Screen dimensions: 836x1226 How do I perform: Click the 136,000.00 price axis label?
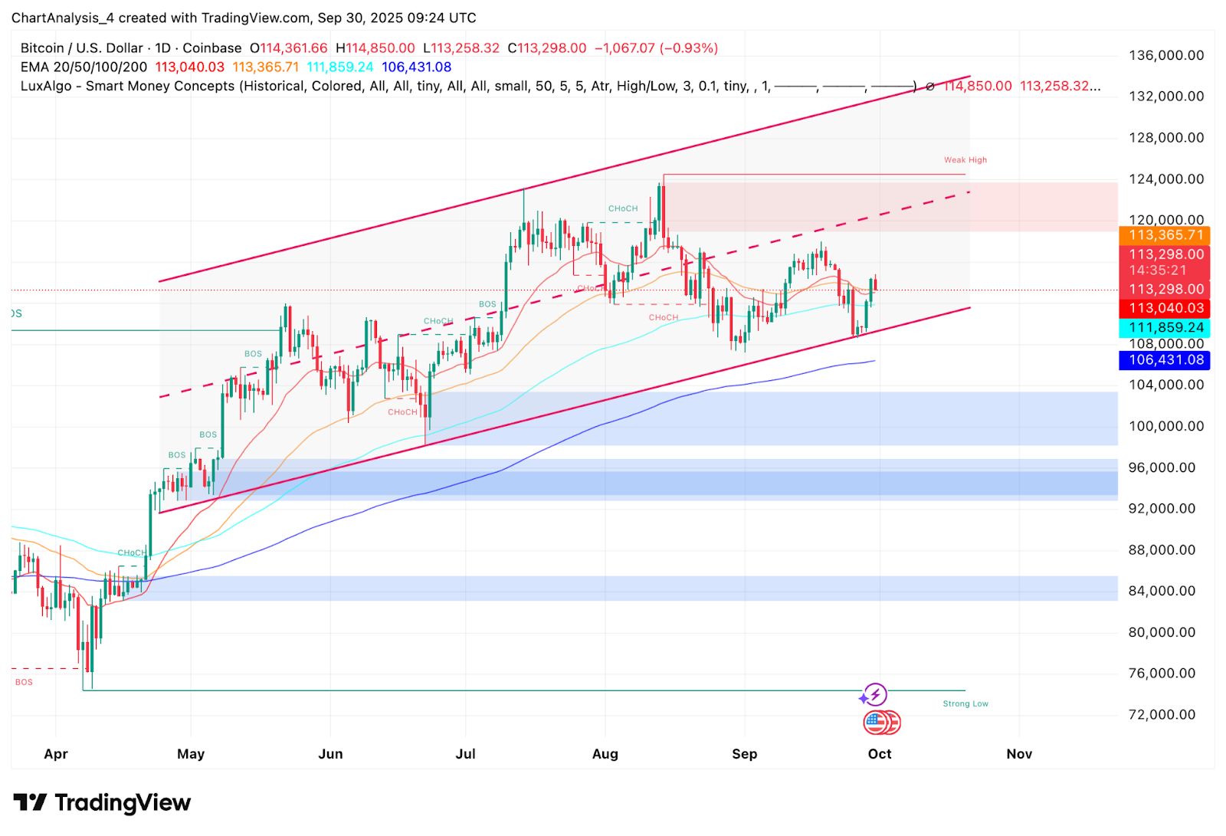(1165, 55)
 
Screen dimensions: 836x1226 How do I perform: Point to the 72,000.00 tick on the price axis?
(1161, 714)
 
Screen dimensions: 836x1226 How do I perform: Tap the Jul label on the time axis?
(465, 754)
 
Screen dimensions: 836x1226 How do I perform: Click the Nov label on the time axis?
(1018, 754)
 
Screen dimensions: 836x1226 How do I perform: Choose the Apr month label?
(56, 754)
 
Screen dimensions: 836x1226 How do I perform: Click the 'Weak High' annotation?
(965, 160)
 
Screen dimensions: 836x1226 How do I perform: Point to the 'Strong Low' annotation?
(965, 703)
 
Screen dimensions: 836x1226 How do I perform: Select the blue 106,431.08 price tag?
(1165, 360)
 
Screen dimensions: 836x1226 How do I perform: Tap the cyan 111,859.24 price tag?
(1165, 328)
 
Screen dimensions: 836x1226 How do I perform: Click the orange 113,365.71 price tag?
(1165, 235)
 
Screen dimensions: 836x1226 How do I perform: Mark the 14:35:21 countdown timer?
(1157, 270)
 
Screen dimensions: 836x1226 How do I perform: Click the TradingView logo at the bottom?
(102, 802)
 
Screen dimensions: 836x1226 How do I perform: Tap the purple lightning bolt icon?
(875, 694)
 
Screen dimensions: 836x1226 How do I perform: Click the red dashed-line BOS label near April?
(24, 682)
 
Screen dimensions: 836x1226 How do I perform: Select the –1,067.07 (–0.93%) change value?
(657, 48)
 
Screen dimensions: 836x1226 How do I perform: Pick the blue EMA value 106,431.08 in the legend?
(416, 67)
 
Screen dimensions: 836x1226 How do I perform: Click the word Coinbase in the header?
(211, 48)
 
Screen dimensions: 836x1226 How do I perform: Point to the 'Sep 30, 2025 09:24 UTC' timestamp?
(397, 18)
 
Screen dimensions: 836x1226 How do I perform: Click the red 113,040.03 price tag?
(1165, 308)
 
